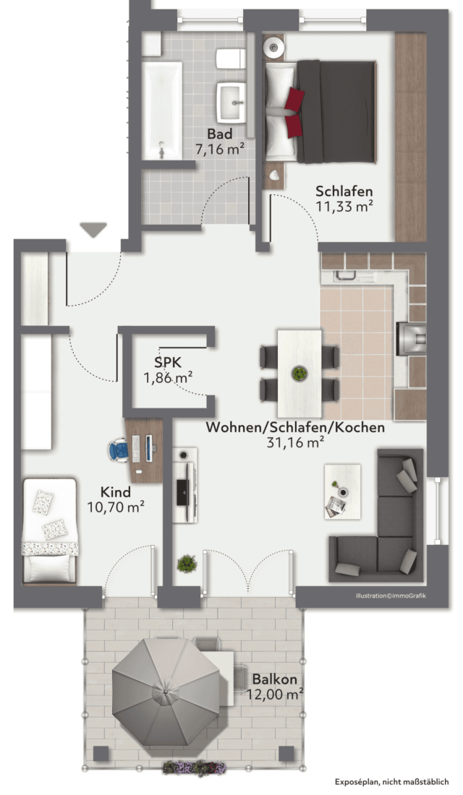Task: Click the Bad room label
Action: [x=220, y=134]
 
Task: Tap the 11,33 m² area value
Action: [x=344, y=207]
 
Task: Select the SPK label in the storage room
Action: [x=168, y=362]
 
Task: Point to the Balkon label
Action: [x=275, y=679]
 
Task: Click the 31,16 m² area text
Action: [x=295, y=442]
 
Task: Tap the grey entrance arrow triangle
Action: [x=93, y=230]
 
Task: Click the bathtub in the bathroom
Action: [x=161, y=111]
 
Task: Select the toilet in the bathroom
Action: [x=231, y=59]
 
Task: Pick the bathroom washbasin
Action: [x=231, y=103]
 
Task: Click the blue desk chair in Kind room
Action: [x=119, y=450]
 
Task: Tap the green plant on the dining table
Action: [x=299, y=374]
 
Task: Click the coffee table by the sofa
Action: [x=342, y=491]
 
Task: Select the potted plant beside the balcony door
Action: [x=187, y=563]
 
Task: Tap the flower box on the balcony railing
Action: [x=195, y=768]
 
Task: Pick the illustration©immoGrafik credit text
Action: [x=391, y=596]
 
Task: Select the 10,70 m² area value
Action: [x=116, y=507]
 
